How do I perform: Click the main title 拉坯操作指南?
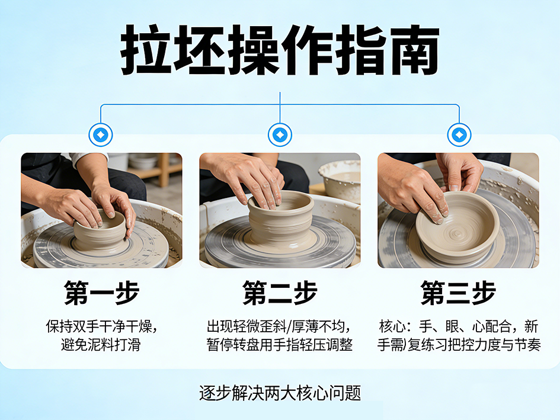click(280, 50)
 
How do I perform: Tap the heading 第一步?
click(101, 293)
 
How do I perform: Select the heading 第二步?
click(280, 293)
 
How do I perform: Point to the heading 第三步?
click(458, 293)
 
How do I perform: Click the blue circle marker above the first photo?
click(101, 135)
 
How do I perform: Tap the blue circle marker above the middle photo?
click(280, 135)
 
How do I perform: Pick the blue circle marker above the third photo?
click(459, 135)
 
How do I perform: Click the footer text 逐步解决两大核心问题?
click(280, 393)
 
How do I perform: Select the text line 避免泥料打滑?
click(101, 345)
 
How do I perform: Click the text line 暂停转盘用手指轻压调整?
click(280, 345)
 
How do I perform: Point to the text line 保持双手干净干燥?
click(101, 326)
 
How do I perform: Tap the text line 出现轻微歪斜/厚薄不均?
click(279, 326)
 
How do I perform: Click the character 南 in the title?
click(414, 50)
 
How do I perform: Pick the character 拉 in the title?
click(145, 50)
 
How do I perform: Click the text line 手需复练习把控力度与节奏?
click(459, 345)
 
